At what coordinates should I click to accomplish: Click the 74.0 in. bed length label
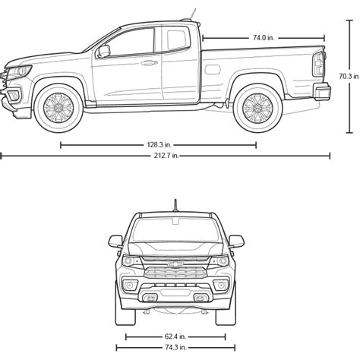[x=264, y=38]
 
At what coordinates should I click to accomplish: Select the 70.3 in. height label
[x=349, y=76]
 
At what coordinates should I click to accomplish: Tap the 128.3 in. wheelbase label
[x=159, y=145]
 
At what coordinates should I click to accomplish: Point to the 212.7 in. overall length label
[x=166, y=156]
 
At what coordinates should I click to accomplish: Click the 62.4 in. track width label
[x=175, y=336]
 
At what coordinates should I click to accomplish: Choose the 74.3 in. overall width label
[x=175, y=347]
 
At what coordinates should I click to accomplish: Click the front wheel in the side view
[x=58, y=108]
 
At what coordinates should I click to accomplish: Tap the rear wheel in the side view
[x=257, y=108]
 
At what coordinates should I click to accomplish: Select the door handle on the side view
[x=149, y=63]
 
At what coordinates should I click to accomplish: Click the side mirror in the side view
[x=104, y=51]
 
